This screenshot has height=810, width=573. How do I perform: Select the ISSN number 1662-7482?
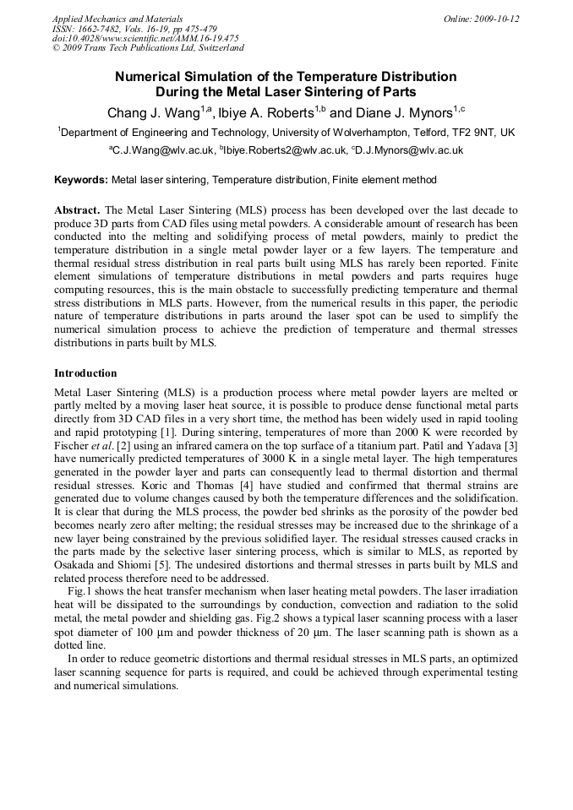click(106, 29)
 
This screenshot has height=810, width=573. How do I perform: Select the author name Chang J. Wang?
click(152, 113)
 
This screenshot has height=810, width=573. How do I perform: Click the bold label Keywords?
click(81, 180)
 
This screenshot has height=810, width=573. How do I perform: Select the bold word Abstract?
click(77, 209)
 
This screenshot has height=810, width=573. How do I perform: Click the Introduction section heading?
click(85, 372)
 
